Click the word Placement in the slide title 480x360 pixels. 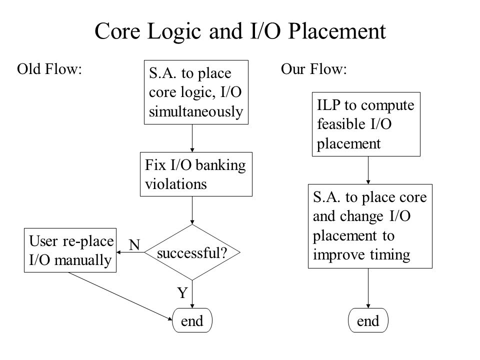(x=337, y=31)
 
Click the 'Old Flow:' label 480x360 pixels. (x=49, y=69)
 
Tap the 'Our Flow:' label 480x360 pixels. (x=314, y=69)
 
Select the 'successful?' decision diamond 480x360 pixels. (x=192, y=252)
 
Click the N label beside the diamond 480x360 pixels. (x=134, y=245)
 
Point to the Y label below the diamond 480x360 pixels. (x=182, y=293)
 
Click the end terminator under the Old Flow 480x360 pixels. (x=192, y=320)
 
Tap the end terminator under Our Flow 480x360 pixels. (x=368, y=320)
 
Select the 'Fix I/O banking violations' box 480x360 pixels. (x=196, y=174)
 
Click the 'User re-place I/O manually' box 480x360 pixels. (x=70, y=250)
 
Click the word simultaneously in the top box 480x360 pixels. (x=196, y=111)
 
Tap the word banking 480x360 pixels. (x=220, y=165)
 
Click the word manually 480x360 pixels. (x=83, y=260)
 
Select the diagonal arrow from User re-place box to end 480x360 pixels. (x=120, y=296)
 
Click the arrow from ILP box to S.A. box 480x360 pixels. (x=368, y=170)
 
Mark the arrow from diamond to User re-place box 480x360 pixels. (x=130, y=252)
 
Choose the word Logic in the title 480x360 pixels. (x=174, y=31)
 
